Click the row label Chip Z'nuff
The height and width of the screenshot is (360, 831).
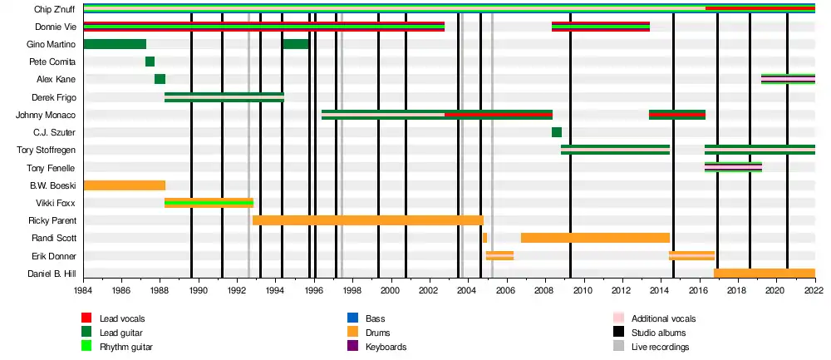[x=58, y=8]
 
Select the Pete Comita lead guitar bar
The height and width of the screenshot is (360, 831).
[x=150, y=62]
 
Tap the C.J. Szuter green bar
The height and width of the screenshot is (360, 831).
[x=557, y=132]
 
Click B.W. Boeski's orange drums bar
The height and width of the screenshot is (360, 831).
[x=125, y=185]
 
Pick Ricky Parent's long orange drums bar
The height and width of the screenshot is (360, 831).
[x=368, y=220]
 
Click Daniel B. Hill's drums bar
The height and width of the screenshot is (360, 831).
[x=765, y=273]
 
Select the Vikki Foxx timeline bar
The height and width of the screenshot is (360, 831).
[x=209, y=203]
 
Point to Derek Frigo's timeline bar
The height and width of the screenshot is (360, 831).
[x=224, y=97]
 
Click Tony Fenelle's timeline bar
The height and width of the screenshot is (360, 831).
[x=733, y=167]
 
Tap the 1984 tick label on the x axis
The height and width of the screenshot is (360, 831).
[x=84, y=290]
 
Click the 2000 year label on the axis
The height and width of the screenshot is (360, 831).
[x=391, y=290]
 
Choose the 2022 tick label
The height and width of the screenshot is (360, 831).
[x=814, y=290]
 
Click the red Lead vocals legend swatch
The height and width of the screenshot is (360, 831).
[x=86, y=318]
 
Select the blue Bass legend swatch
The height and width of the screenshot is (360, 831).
[x=352, y=318]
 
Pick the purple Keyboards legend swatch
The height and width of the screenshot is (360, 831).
[x=352, y=347]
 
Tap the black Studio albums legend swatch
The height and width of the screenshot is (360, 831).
[x=618, y=333]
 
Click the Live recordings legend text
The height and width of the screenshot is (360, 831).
[x=661, y=347]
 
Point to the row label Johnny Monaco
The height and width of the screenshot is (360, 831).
[x=46, y=115]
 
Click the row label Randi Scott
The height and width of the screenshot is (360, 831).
[x=54, y=238]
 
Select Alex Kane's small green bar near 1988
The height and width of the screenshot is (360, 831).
[x=160, y=79]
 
